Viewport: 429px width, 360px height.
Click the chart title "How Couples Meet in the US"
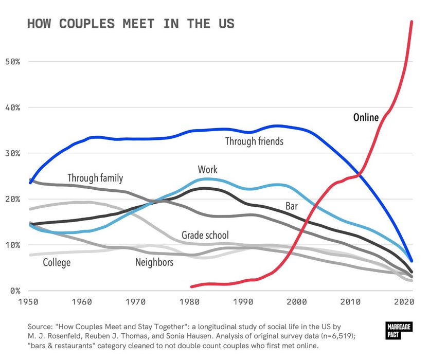(x=130, y=24)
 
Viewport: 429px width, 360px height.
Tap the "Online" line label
(x=366, y=118)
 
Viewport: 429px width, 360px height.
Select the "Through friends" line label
(x=254, y=140)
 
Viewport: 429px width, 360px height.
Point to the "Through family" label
(x=95, y=178)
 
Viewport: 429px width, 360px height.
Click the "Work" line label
(x=207, y=170)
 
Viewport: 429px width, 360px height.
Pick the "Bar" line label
(x=292, y=207)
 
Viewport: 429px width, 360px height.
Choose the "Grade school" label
(x=205, y=236)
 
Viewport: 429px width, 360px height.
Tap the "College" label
(x=57, y=263)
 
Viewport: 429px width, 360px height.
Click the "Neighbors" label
(x=154, y=263)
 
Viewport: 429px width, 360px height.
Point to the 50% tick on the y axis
(x=16, y=62)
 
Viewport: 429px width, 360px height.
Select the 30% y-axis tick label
(x=16, y=153)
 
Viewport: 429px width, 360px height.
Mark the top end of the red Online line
(x=412, y=22)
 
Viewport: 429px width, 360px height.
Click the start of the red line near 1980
(x=191, y=286)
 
